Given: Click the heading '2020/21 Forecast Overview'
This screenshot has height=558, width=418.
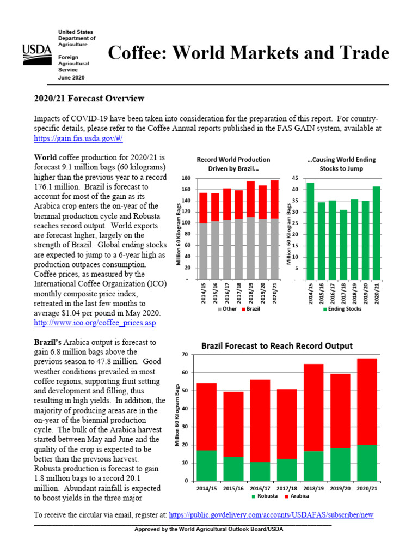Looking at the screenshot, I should (89, 99).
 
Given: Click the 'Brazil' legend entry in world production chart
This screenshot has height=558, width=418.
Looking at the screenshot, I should (250, 309).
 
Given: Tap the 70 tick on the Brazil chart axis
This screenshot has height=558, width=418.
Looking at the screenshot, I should (185, 355).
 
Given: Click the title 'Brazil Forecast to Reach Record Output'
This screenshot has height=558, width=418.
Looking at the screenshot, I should (277, 346).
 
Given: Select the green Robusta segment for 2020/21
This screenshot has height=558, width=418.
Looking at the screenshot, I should (366, 463).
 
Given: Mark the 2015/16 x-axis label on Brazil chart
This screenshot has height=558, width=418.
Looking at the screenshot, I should (233, 488).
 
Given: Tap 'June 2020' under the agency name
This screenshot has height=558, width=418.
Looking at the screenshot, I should (71, 78).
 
